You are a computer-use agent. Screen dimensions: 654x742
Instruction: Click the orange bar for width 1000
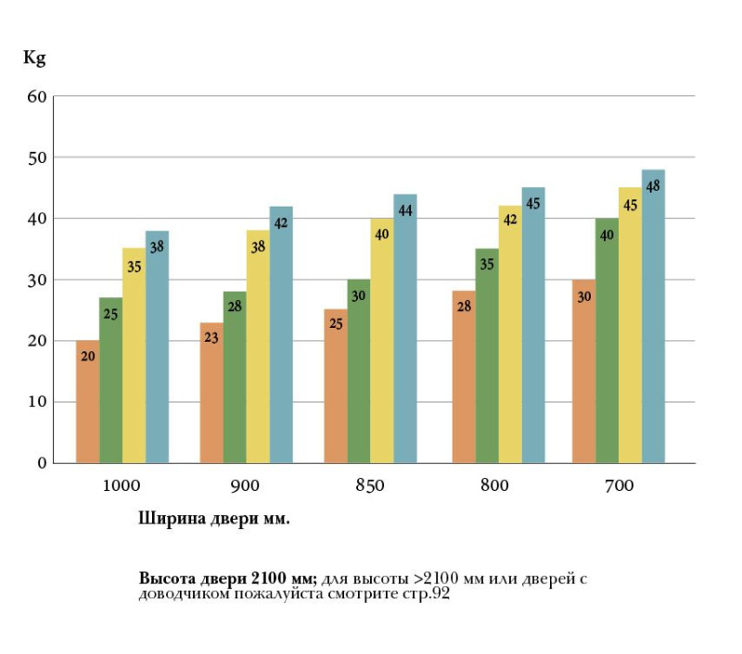coord(87,403)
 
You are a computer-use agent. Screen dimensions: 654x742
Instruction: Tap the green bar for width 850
coord(358,371)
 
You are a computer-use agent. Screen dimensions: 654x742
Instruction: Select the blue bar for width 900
coord(281,334)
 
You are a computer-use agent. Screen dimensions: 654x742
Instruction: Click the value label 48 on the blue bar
coord(653,186)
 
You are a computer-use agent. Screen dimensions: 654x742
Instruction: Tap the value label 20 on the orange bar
coord(88,355)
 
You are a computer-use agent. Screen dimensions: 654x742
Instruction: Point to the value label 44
coord(405,210)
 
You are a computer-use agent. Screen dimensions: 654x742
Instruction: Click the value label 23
coord(211,337)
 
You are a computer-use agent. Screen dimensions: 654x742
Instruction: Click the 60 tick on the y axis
coord(36,96)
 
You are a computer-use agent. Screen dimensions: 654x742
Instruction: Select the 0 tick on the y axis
coord(42,463)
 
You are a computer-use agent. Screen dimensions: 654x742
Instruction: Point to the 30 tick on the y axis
coord(36,280)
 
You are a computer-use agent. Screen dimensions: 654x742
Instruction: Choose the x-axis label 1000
coord(122,486)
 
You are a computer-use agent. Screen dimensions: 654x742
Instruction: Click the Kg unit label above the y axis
coord(34,57)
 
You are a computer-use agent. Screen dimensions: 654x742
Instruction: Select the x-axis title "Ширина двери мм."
coord(214,519)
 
